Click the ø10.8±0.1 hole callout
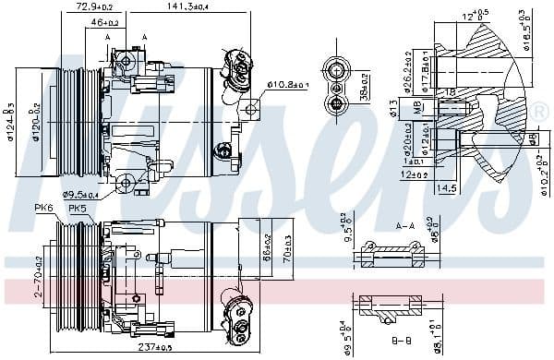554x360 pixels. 288,85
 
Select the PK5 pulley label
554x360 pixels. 78,210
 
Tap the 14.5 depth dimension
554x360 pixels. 448,187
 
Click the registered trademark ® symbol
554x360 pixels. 540,112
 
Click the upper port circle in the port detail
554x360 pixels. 335,68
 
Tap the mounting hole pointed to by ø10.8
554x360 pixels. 250,110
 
